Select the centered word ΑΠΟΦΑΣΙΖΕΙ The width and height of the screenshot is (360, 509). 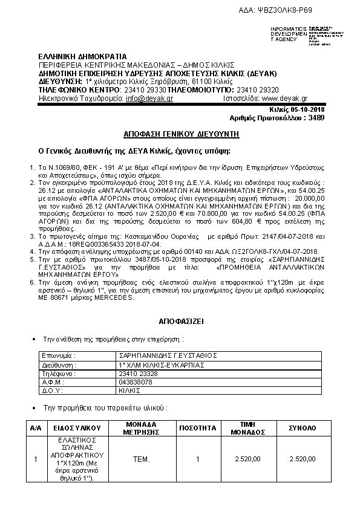point(180,321)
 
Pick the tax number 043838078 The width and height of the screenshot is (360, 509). point(136,383)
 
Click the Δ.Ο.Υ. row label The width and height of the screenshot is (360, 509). point(53,392)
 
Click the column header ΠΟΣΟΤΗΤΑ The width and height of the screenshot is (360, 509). point(198,427)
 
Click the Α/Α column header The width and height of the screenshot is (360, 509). point(36,427)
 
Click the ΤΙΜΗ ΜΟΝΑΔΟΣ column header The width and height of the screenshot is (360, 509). point(246,427)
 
